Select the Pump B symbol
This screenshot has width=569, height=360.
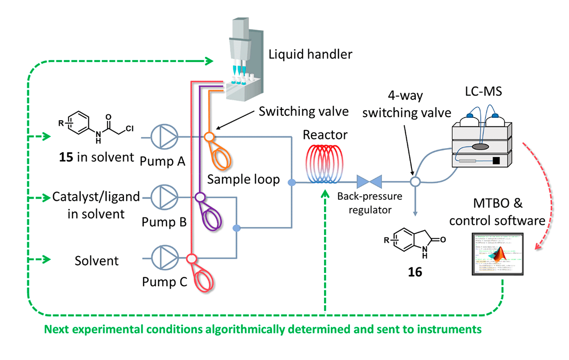pos(165,197)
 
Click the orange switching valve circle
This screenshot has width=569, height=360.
pos(208,137)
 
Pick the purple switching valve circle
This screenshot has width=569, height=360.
pos(200,197)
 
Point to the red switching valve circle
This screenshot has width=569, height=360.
pos(192,258)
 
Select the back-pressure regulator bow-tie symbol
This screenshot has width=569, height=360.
pos(370,182)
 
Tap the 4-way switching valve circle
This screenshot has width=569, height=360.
pos(415,182)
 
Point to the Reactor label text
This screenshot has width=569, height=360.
pos(325,135)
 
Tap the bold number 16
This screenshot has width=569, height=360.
pos(415,272)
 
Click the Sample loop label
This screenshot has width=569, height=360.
pos(243,179)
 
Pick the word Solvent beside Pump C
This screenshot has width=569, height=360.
pos(97,260)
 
